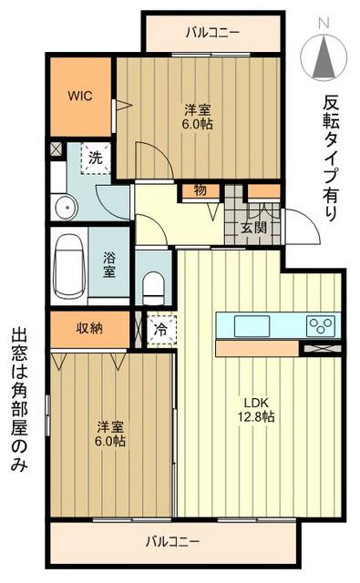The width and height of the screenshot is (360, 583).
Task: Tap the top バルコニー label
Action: point(212,33)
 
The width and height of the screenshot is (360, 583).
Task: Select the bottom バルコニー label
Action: point(171,542)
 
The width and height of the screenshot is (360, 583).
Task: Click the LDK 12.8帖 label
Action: point(258,409)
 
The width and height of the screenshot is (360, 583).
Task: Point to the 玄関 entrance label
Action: point(253,228)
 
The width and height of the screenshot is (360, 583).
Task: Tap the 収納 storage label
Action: point(88,328)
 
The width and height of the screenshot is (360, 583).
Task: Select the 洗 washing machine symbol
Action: point(95,157)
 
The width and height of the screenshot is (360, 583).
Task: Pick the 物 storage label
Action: point(200,191)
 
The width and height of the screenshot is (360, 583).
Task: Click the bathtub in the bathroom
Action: point(68,265)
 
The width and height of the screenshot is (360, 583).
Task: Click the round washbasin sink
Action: point(64,209)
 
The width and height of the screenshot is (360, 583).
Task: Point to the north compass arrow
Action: point(324,57)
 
